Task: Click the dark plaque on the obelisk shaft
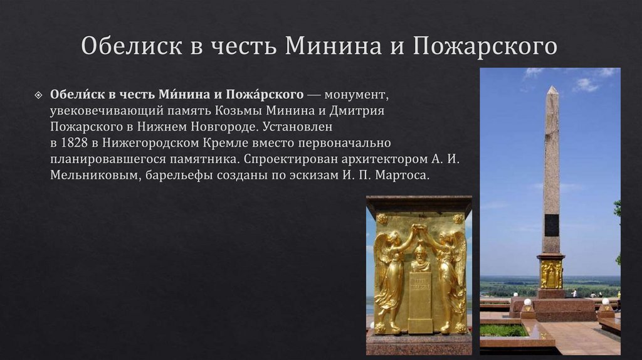tap(552, 225)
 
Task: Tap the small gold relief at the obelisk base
tap(551, 274)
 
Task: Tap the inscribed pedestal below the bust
tap(419, 301)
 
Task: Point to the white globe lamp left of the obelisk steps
tap(527, 302)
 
